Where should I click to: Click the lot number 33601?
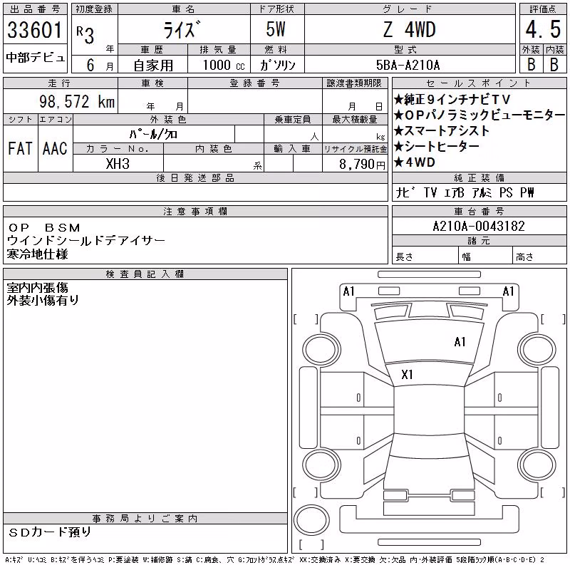coord(35,29)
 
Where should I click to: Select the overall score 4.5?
coord(543,29)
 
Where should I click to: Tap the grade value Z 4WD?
coord(409,29)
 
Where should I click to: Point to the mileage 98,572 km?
coord(77,101)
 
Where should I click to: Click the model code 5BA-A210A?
coord(408,65)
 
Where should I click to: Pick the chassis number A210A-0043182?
coord(479,226)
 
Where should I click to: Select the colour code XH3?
coord(118,164)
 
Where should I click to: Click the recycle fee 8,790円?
coord(362,165)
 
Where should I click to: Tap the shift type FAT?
coord(21,148)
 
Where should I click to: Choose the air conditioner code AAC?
coord(56,148)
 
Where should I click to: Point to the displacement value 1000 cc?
coord(224,65)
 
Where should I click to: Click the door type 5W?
coord(276,29)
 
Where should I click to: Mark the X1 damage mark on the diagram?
coord(407,375)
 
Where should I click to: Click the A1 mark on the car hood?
coord(460,342)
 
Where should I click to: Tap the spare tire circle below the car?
coord(311,520)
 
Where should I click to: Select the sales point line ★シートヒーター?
coord(436,147)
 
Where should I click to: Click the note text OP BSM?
coord(44,228)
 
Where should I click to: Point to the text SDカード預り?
coord(50,532)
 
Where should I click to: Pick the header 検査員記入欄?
coord(145,274)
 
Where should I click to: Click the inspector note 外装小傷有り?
coord(43,300)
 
